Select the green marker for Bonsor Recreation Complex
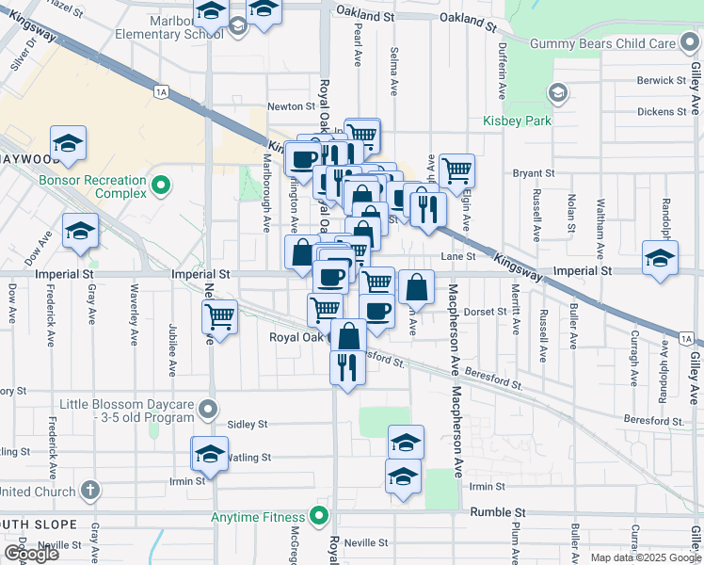(x=161, y=186)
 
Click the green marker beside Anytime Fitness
(x=319, y=516)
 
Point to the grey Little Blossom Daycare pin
(x=208, y=411)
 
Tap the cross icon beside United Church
(x=89, y=491)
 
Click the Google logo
(x=31, y=554)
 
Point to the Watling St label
(x=251, y=457)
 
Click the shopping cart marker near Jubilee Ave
(x=219, y=317)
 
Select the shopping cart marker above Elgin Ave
(x=456, y=170)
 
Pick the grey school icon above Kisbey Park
(x=557, y=92)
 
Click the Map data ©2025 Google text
(x=645, y=557)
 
